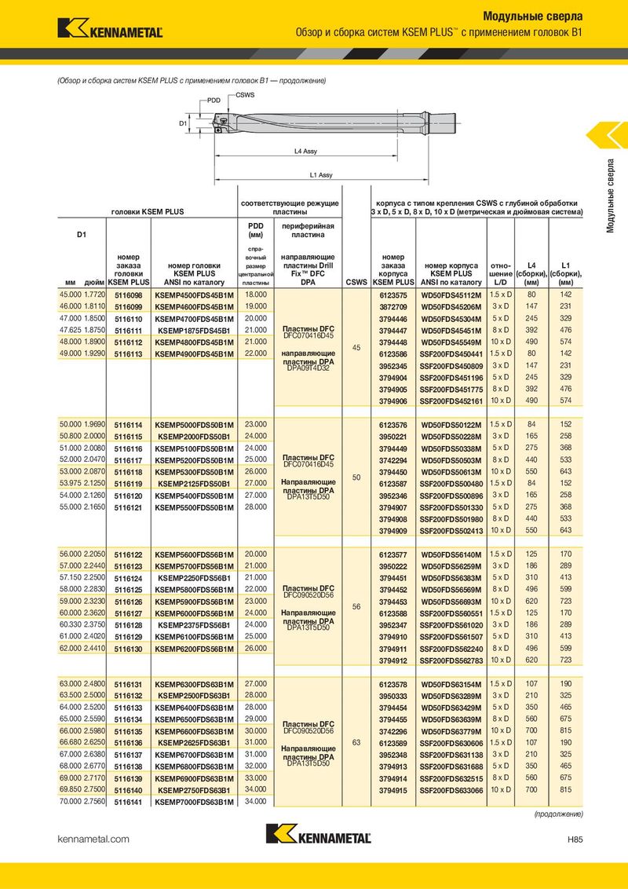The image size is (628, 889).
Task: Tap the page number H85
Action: (x=575, y=840)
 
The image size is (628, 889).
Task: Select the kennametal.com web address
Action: (x=93, y=840)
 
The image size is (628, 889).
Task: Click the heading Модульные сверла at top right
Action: (x=532, y=16)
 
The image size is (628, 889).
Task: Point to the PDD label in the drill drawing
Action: (x=214, y=101)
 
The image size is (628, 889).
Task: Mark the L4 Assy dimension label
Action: (x=305, y=152)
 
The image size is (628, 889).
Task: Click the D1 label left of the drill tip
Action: (x=182, y=123)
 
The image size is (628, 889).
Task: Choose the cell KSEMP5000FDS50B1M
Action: (x=195, y=425)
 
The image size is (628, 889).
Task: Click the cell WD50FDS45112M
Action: (x=451, y=295)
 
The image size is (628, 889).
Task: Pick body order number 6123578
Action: (x=392, y=683)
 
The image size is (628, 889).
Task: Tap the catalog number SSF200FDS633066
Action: (x=451, y=790)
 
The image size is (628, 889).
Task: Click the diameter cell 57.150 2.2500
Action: (x=81, y=577)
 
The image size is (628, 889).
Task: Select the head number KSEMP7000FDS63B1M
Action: (x=195, y=802)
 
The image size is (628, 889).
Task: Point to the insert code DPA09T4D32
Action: (x=308, y=368)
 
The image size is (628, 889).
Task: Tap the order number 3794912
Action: (x=392, y=660)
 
